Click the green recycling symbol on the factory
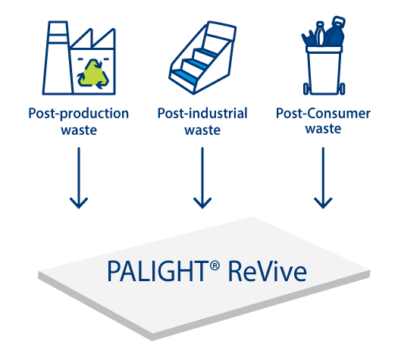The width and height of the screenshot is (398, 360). (x=93, y=74)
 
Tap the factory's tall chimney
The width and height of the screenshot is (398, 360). (x=58, y=58)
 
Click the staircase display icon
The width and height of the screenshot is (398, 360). (x=202, y=58)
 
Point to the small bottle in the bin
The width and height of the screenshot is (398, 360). (x=319, y=33)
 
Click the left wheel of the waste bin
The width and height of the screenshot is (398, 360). (x=306, y=89)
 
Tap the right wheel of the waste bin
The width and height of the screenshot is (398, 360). (x=342, y=89)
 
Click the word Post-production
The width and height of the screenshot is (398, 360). (x=79, y=114)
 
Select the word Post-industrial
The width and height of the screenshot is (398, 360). (x=202, y=113)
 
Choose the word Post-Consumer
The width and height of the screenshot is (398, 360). (x=323, y=113)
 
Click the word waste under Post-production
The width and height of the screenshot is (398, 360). (x=79, y=130)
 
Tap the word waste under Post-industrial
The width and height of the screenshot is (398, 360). (x=202, y=130)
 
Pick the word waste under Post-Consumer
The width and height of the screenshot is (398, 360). (x=323, y=129)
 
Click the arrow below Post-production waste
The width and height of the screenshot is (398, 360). (x=79, y=178)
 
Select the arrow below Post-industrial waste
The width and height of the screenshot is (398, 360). (x=202, y=178)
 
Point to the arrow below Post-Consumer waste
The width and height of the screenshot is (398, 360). (x=323, y=178)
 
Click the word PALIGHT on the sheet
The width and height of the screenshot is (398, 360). (x=157, y=271)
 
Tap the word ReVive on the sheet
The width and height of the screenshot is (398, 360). (x=268, y=271)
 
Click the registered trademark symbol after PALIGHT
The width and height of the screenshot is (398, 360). (x=215, y=265)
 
